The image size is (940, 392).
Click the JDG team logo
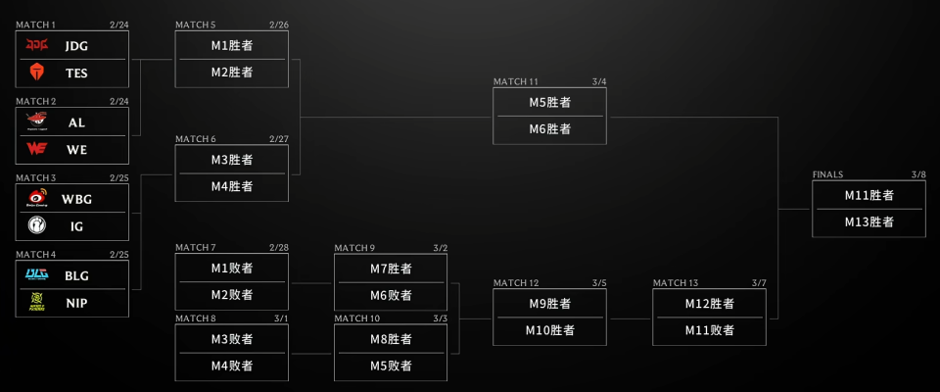pos(37,45)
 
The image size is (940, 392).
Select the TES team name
pos(76,72)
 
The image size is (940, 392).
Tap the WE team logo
pos(37,149)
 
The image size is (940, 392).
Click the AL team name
pos(76,122)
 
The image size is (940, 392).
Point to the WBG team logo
pos(37,199)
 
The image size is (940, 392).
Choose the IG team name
pos(76,225)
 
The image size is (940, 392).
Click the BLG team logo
pos(37,275)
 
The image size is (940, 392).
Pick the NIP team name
pos(76,303)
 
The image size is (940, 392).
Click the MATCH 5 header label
pos(196,24)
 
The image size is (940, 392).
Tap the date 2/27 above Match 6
pos(279,139)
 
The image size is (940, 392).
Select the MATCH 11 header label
pos(515,81)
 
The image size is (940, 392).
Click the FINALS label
pos(827,174)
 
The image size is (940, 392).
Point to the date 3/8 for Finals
pos(917,174)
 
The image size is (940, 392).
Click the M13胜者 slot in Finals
pos(869,221)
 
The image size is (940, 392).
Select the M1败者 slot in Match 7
pos(232,268)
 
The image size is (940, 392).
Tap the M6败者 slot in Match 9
pos(391,295)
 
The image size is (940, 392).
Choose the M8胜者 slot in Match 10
pos(391,339)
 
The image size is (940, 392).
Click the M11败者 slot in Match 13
pos(709,330)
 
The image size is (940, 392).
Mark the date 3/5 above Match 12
pos(599,283)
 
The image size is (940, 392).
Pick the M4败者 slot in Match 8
pos(232,366)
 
